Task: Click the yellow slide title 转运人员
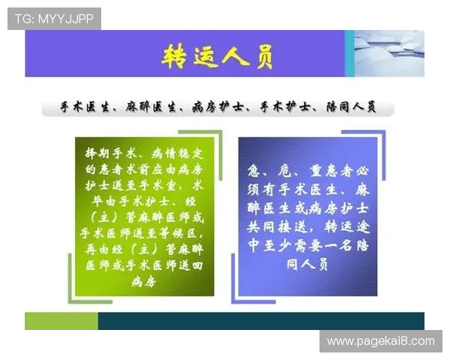(x=218, y=55)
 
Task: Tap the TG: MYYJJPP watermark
(x=54, y=18)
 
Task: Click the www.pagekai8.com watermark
(x=381, y=341)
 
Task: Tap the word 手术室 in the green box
(x=166, y=184)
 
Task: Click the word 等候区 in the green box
(x=187, y=233)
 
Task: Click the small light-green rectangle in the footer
(x=61, y=321)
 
